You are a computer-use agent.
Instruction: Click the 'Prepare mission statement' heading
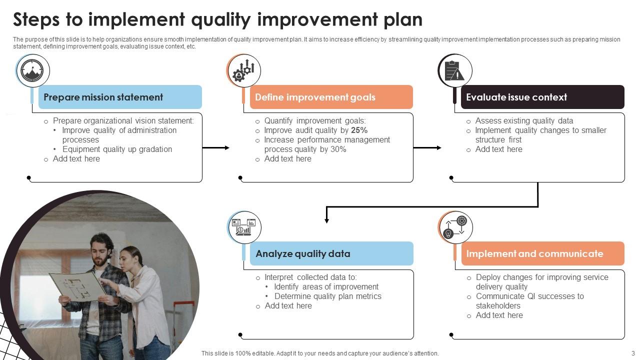pos(103,97)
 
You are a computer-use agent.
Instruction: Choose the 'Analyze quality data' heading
pos(303,253)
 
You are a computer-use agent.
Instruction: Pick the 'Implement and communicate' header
pos(534,253)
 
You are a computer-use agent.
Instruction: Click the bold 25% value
pos(359,130)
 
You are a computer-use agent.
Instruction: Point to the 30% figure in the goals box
pos(338,149)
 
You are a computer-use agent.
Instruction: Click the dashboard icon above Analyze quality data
pos(244,227)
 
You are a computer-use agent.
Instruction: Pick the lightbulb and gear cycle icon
pos(455,227)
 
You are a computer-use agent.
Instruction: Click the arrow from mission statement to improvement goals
pos(215,147)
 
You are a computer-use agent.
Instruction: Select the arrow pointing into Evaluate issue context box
pos(427,147)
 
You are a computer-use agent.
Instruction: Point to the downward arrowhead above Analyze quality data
pos(326,219)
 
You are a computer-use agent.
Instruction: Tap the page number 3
pos(632,353)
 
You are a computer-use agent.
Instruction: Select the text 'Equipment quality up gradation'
pos(117,149)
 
